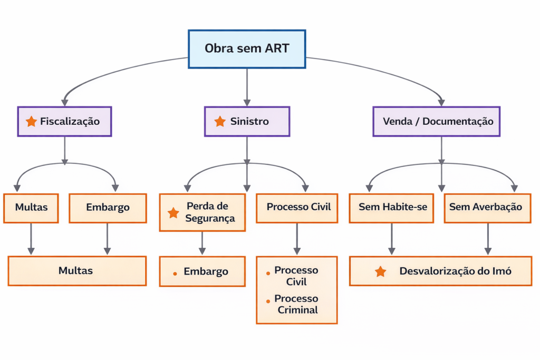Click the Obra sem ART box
(x=247, y=49)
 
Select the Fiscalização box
(x=64, y=121)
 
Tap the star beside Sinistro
(x=220, y=121)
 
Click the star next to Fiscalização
(x=31, y=121)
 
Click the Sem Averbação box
(x=485, y=207)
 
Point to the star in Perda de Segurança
(x=173, y=213)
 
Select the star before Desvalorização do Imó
(x=380, y=271)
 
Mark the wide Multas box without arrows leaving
(x=76, y=271)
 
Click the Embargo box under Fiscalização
(x=107, y=207)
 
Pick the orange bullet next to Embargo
(x=175, y=273)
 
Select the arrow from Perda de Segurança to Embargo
(x=202, y=244)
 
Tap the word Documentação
(x=458, y=121)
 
